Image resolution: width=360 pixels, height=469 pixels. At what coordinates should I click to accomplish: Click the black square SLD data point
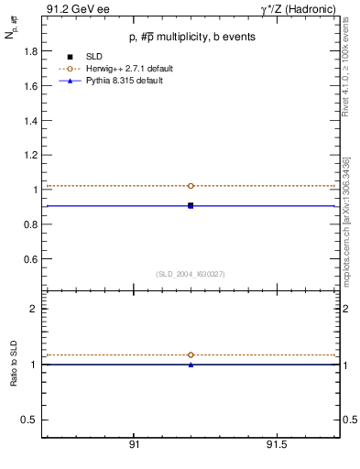coord(191,205)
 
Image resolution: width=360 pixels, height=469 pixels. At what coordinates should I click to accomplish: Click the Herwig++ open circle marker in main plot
coord(191,186)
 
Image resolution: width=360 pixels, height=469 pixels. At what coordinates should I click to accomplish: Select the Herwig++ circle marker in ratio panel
coord(191,354)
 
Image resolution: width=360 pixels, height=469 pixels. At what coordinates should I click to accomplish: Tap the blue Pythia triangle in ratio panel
coord(191,365)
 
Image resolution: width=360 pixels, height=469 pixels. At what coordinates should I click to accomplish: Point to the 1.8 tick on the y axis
coord(30,52)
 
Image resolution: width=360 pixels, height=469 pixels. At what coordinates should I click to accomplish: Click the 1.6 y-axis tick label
coord(30,86)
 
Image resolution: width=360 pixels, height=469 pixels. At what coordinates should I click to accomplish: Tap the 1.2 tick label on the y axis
coord(30,156)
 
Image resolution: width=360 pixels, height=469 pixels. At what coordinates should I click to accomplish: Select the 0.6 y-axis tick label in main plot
coord(30,259)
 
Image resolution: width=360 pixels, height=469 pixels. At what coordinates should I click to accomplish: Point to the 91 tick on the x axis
coord(134,444)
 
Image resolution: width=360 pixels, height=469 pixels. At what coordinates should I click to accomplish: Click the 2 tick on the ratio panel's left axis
coord(33,310)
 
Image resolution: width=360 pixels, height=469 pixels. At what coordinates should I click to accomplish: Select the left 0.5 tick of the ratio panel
coord(29,420)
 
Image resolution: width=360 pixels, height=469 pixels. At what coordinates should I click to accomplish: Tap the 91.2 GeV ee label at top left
coord(72,9)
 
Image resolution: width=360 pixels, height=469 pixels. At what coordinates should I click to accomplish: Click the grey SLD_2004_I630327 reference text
coord(191,274)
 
